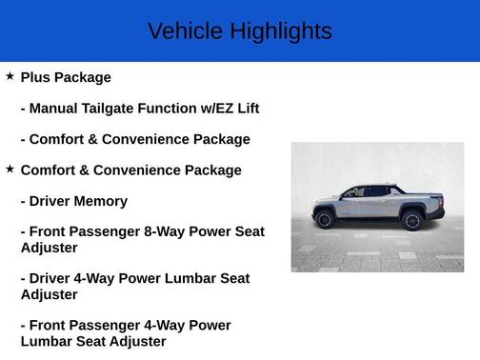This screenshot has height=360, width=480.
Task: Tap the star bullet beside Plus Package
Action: point(10,76)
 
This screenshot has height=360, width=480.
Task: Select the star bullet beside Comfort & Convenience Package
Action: point(10,169)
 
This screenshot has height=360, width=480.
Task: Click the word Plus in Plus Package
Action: point(36,77)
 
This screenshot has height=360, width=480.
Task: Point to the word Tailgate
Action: point(119,109)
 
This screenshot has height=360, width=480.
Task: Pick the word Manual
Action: point(56,109)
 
